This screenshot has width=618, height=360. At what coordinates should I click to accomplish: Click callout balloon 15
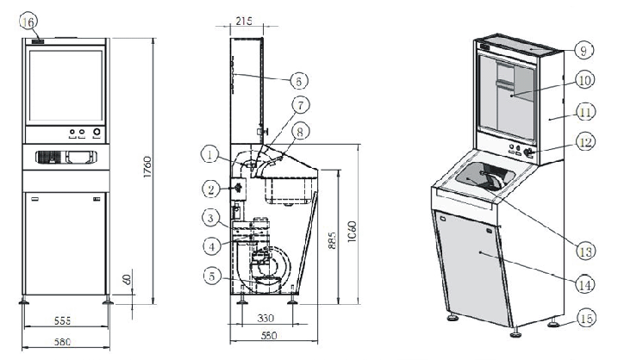click(x=586, y=320)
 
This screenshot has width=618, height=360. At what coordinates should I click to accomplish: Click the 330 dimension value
click(x=268, y=318)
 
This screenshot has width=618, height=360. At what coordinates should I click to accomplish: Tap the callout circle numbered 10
click(x=586, y=80)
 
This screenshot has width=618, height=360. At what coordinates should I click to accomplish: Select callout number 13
click(x=586, y=251)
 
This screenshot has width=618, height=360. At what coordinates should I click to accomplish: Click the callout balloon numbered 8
click(x=299, y=131)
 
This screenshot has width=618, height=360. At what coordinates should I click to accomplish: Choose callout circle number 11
click(x=586, y=111)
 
